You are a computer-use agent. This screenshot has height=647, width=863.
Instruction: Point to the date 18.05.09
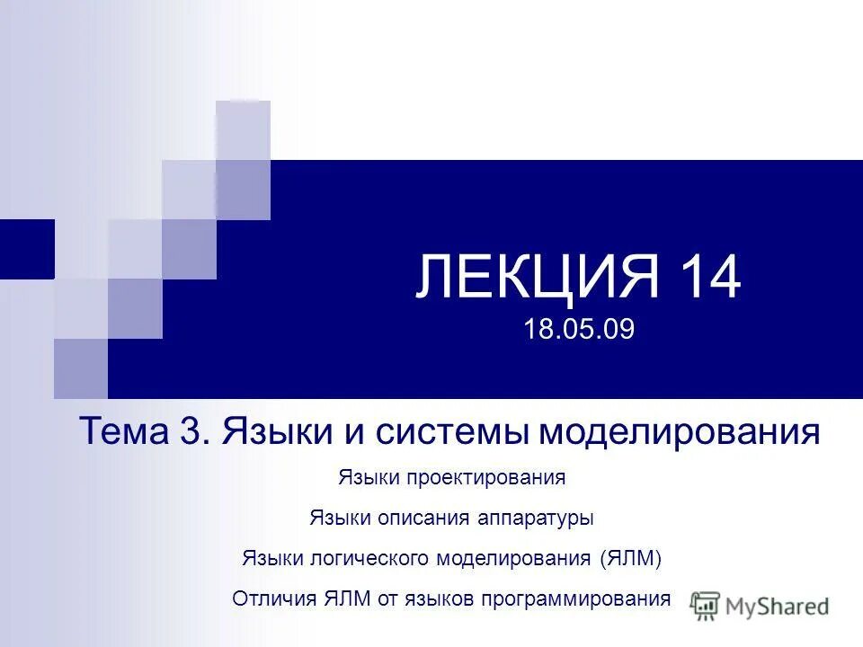coord(579,329)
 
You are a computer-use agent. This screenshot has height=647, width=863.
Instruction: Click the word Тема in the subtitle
coord(120,431)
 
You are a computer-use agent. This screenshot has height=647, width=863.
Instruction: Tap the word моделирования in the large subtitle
coord(680,433)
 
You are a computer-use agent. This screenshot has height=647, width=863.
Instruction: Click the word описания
coord(412,518)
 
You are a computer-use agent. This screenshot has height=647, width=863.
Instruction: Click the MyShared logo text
coord(778,606)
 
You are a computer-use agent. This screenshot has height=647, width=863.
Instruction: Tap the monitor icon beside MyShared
coord(705,605)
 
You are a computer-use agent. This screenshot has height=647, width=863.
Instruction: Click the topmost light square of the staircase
coord(243,129)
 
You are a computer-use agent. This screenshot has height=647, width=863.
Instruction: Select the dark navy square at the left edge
coord(27,248)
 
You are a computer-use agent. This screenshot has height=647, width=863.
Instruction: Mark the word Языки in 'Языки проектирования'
coord(368,478)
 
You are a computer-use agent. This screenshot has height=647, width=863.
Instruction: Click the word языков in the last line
coord(440,599)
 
